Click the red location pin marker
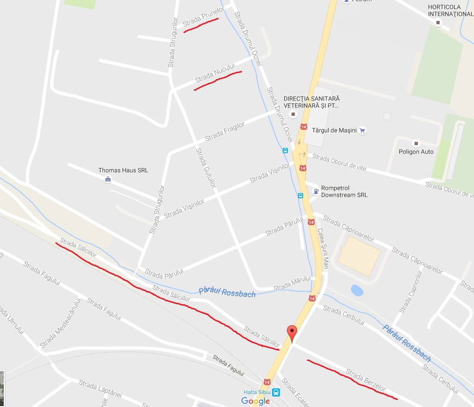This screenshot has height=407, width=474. pyautogui.click(x=292, y=333)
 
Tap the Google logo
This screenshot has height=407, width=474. pyautogui.click(x=255, y=401)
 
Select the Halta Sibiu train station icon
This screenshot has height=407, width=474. pyautogui.click(x=276, y=392)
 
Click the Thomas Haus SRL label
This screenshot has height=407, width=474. pyautogui.click(x=123, y=170)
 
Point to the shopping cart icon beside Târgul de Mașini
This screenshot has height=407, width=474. pyautogui.click(x=363, y=131)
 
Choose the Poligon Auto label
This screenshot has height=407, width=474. pyautogui.click(x=416, y=152)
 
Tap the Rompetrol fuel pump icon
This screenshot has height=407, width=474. pyautogui.click(x=316, y=191)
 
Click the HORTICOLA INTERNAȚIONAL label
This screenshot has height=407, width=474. pyautogui.click(x=450, y=11)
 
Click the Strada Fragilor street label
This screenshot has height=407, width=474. pyautogui.click(x=225, y=131)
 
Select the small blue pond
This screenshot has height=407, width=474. pyautogui.click(x=357, y=291)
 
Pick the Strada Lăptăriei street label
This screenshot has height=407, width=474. pyautogui.click(x=100, y=389)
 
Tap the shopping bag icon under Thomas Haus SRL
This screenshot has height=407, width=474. pyautogui.click(x=108, y=179)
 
